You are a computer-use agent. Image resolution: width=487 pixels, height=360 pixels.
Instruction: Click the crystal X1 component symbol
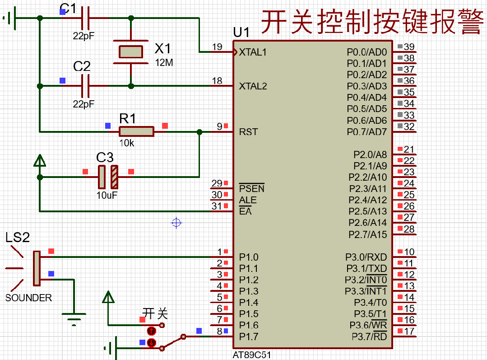click(131, 51)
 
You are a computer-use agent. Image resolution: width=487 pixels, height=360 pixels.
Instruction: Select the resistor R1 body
click(136, 131)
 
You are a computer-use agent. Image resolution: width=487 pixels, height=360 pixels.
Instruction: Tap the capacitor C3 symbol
click(108, 177)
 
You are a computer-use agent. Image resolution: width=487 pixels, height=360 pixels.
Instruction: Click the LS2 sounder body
click(37, 268)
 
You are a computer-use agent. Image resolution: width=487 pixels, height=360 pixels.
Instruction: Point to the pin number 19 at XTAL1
click(217, 47)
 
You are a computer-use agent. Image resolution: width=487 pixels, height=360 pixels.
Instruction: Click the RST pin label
click(248, 132)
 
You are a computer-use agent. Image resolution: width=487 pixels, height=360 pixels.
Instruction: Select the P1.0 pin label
click(249, 257)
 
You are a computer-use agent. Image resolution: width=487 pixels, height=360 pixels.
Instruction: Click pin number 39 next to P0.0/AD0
click(409, 47)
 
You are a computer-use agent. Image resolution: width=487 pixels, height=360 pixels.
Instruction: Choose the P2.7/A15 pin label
click(367, 234)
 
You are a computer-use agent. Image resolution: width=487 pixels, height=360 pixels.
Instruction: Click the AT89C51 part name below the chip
click(252, 355)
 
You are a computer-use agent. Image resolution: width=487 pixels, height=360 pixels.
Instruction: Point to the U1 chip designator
click(241, 33)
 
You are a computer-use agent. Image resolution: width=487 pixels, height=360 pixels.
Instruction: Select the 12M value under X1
click(164, 63)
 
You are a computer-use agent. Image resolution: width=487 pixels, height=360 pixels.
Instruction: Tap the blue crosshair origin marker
click(176, 222)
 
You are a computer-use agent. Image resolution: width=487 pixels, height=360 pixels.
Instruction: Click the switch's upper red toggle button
click(152, 331)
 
